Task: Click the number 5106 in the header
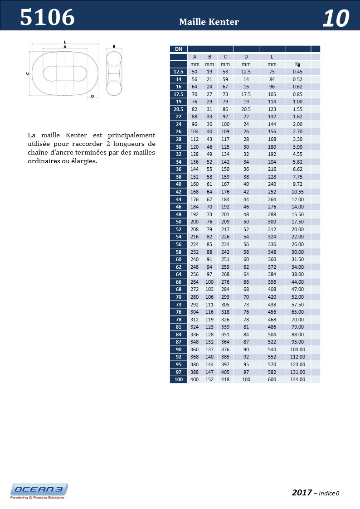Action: point(47,18)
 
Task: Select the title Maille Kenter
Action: point(209,22)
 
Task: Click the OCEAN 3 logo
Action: point(39,490)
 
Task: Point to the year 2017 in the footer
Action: point(302,492)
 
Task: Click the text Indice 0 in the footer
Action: point(329,493)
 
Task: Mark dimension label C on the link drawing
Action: point(28,73)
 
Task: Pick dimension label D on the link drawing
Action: point(92,96)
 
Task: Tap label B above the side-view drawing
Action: point(114,46)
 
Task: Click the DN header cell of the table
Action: point(178,49)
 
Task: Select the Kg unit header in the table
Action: point(297,64)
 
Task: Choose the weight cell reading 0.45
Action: point(297,72)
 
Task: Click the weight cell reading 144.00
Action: point(297,379)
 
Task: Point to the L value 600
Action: point(272,379)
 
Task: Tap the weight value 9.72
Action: point(297,184)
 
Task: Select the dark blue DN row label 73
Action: point(178,305)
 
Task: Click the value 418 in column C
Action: point(225,379)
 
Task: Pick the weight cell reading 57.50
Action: point(297,305)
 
